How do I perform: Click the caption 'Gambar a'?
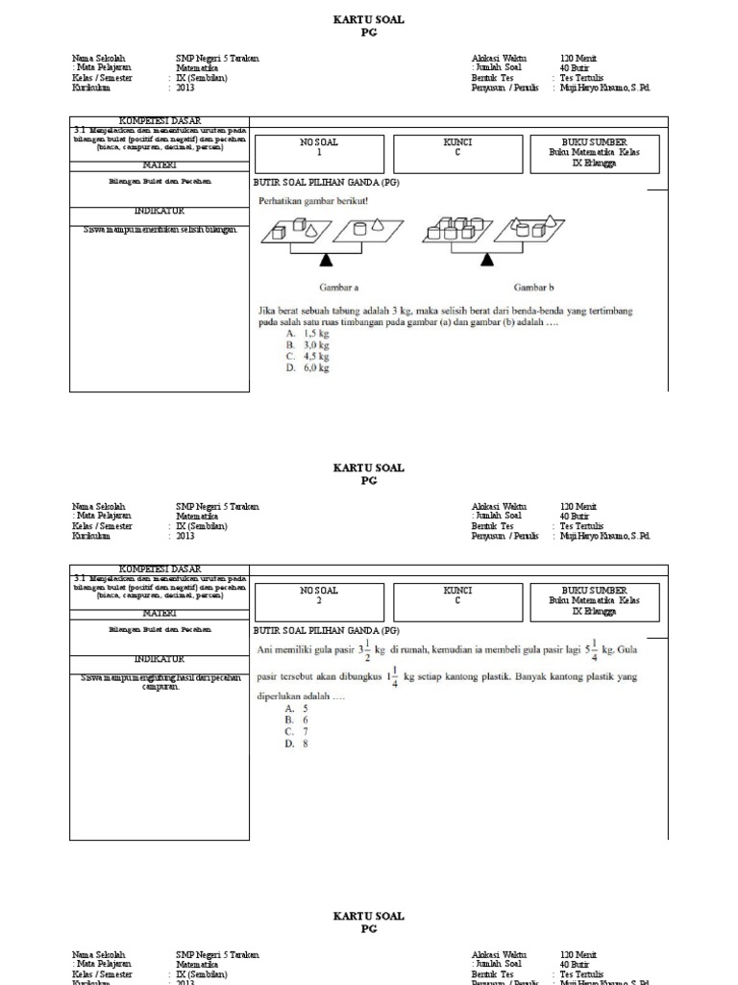pos(339,287)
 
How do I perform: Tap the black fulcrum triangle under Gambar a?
pos(327,259)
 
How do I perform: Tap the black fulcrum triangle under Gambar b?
pos(491,259)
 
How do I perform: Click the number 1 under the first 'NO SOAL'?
pos(319,153)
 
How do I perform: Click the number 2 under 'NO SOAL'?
pos(319,600)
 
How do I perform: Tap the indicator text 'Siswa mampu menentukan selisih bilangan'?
pos(160,230)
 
